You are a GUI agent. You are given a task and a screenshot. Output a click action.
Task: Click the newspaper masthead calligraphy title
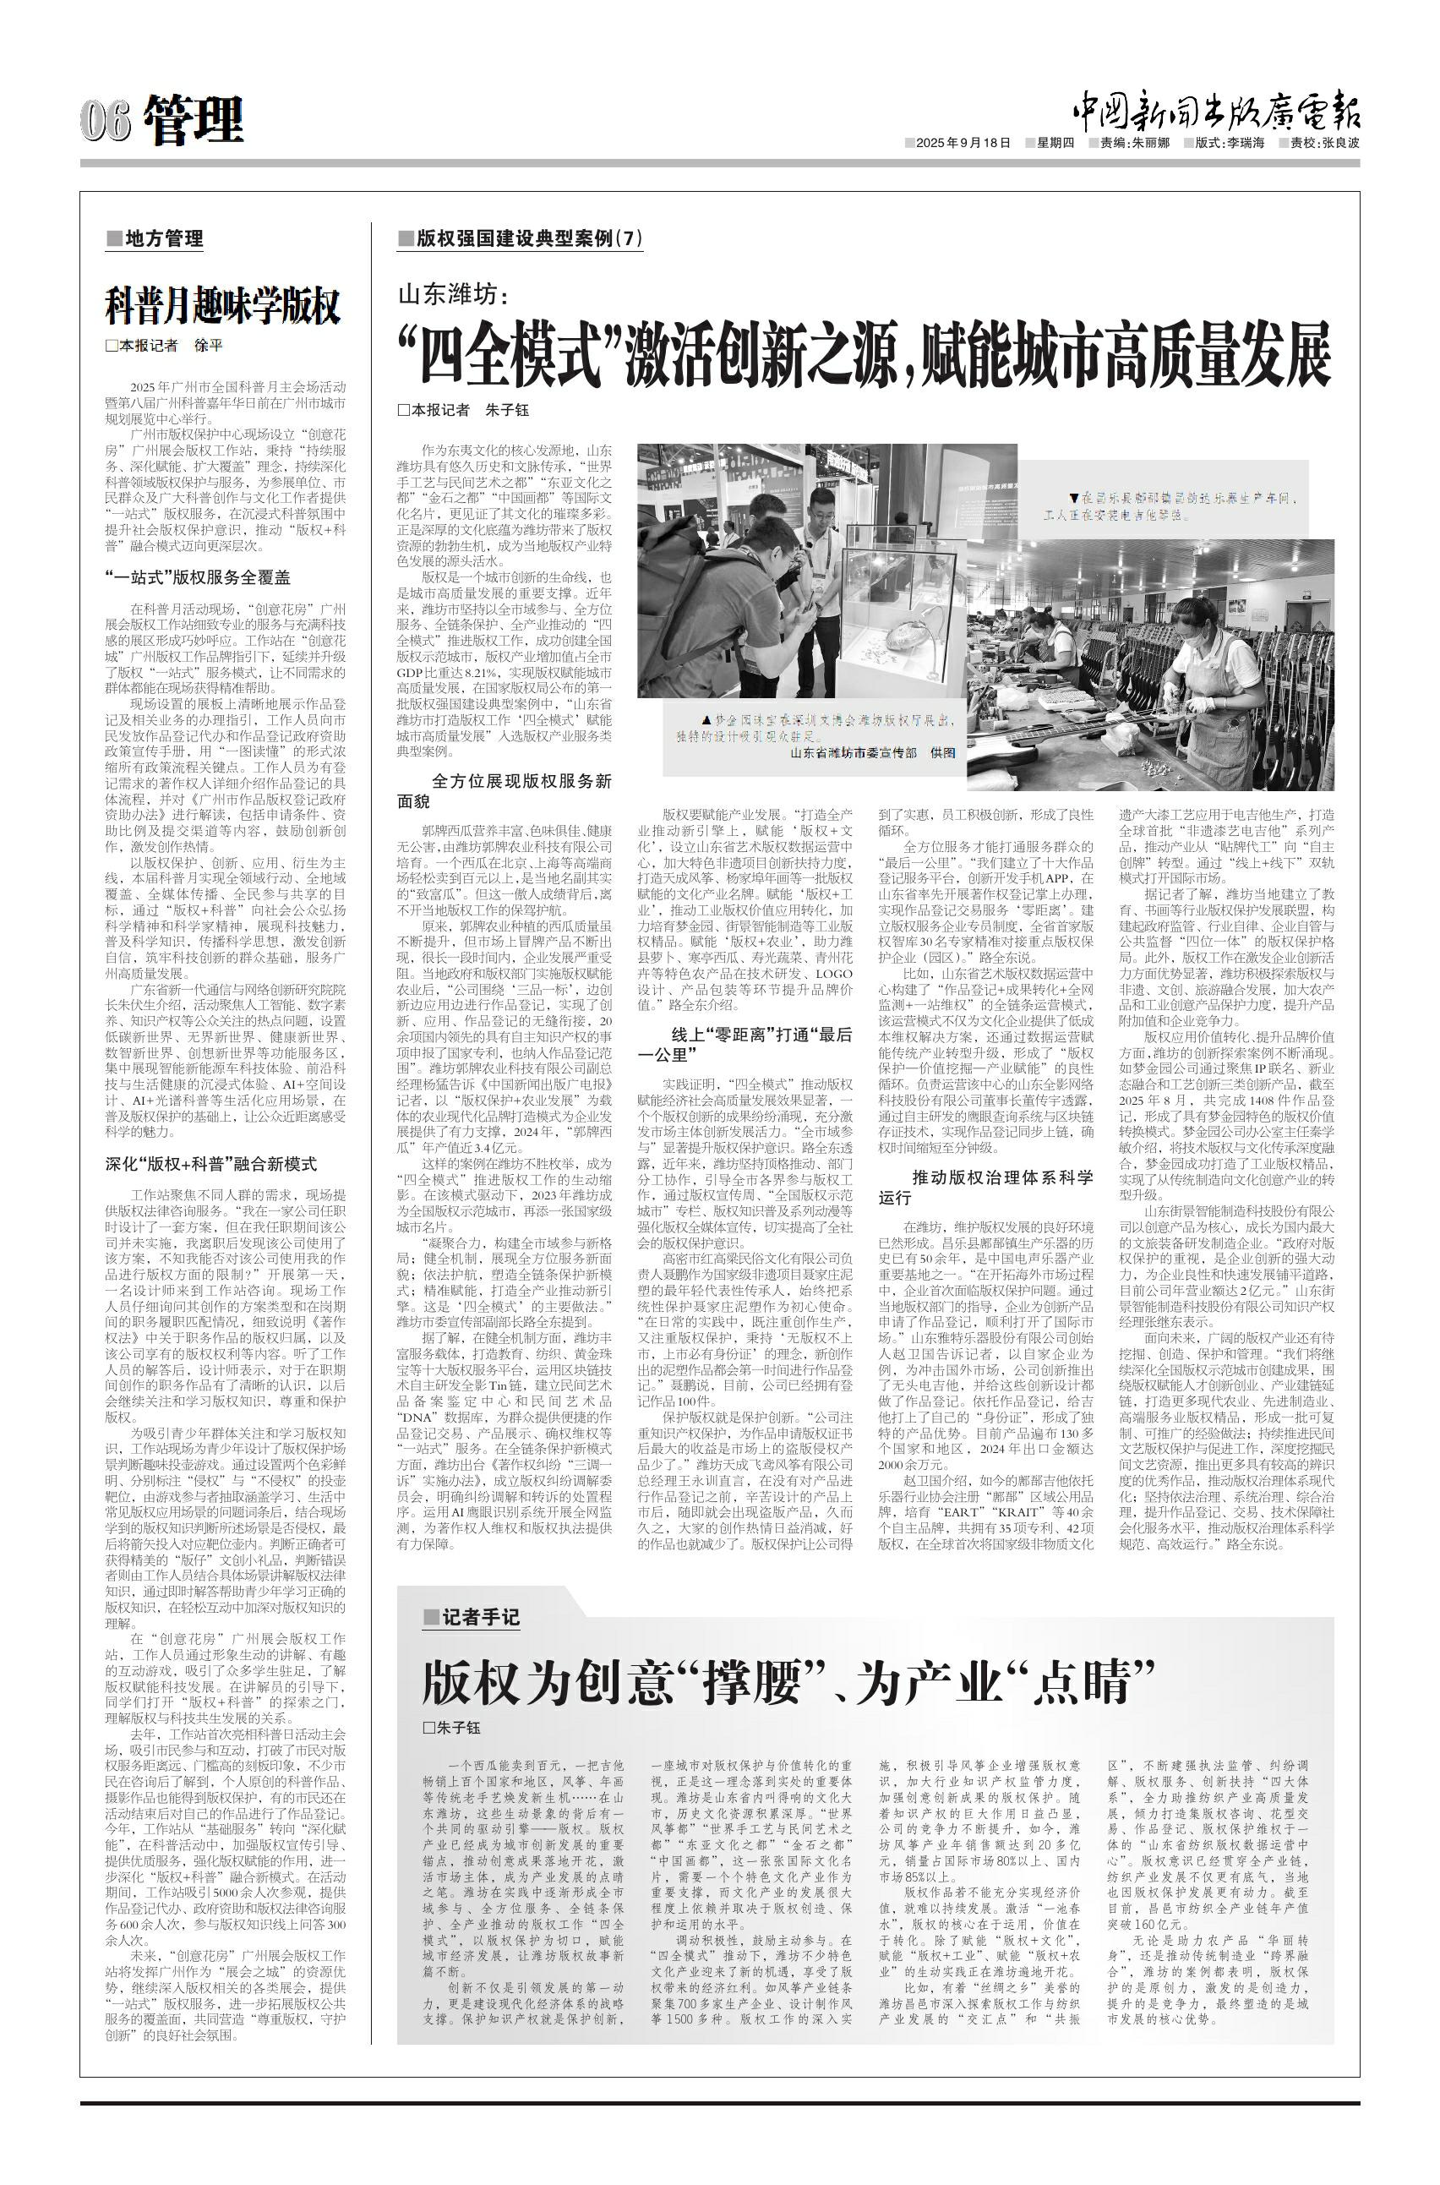(x=1217, y=114)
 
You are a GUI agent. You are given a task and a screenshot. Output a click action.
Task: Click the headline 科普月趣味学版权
(x=222, y=306)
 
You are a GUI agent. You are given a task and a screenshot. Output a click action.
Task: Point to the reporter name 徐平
(x=209, y=347)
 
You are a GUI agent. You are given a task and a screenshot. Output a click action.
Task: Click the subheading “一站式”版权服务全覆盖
(x=198, y=577)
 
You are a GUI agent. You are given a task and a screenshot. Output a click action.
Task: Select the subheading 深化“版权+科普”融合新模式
(x=211, y=1164)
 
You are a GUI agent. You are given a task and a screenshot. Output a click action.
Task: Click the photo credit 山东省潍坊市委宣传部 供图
(x=871, y=752)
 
